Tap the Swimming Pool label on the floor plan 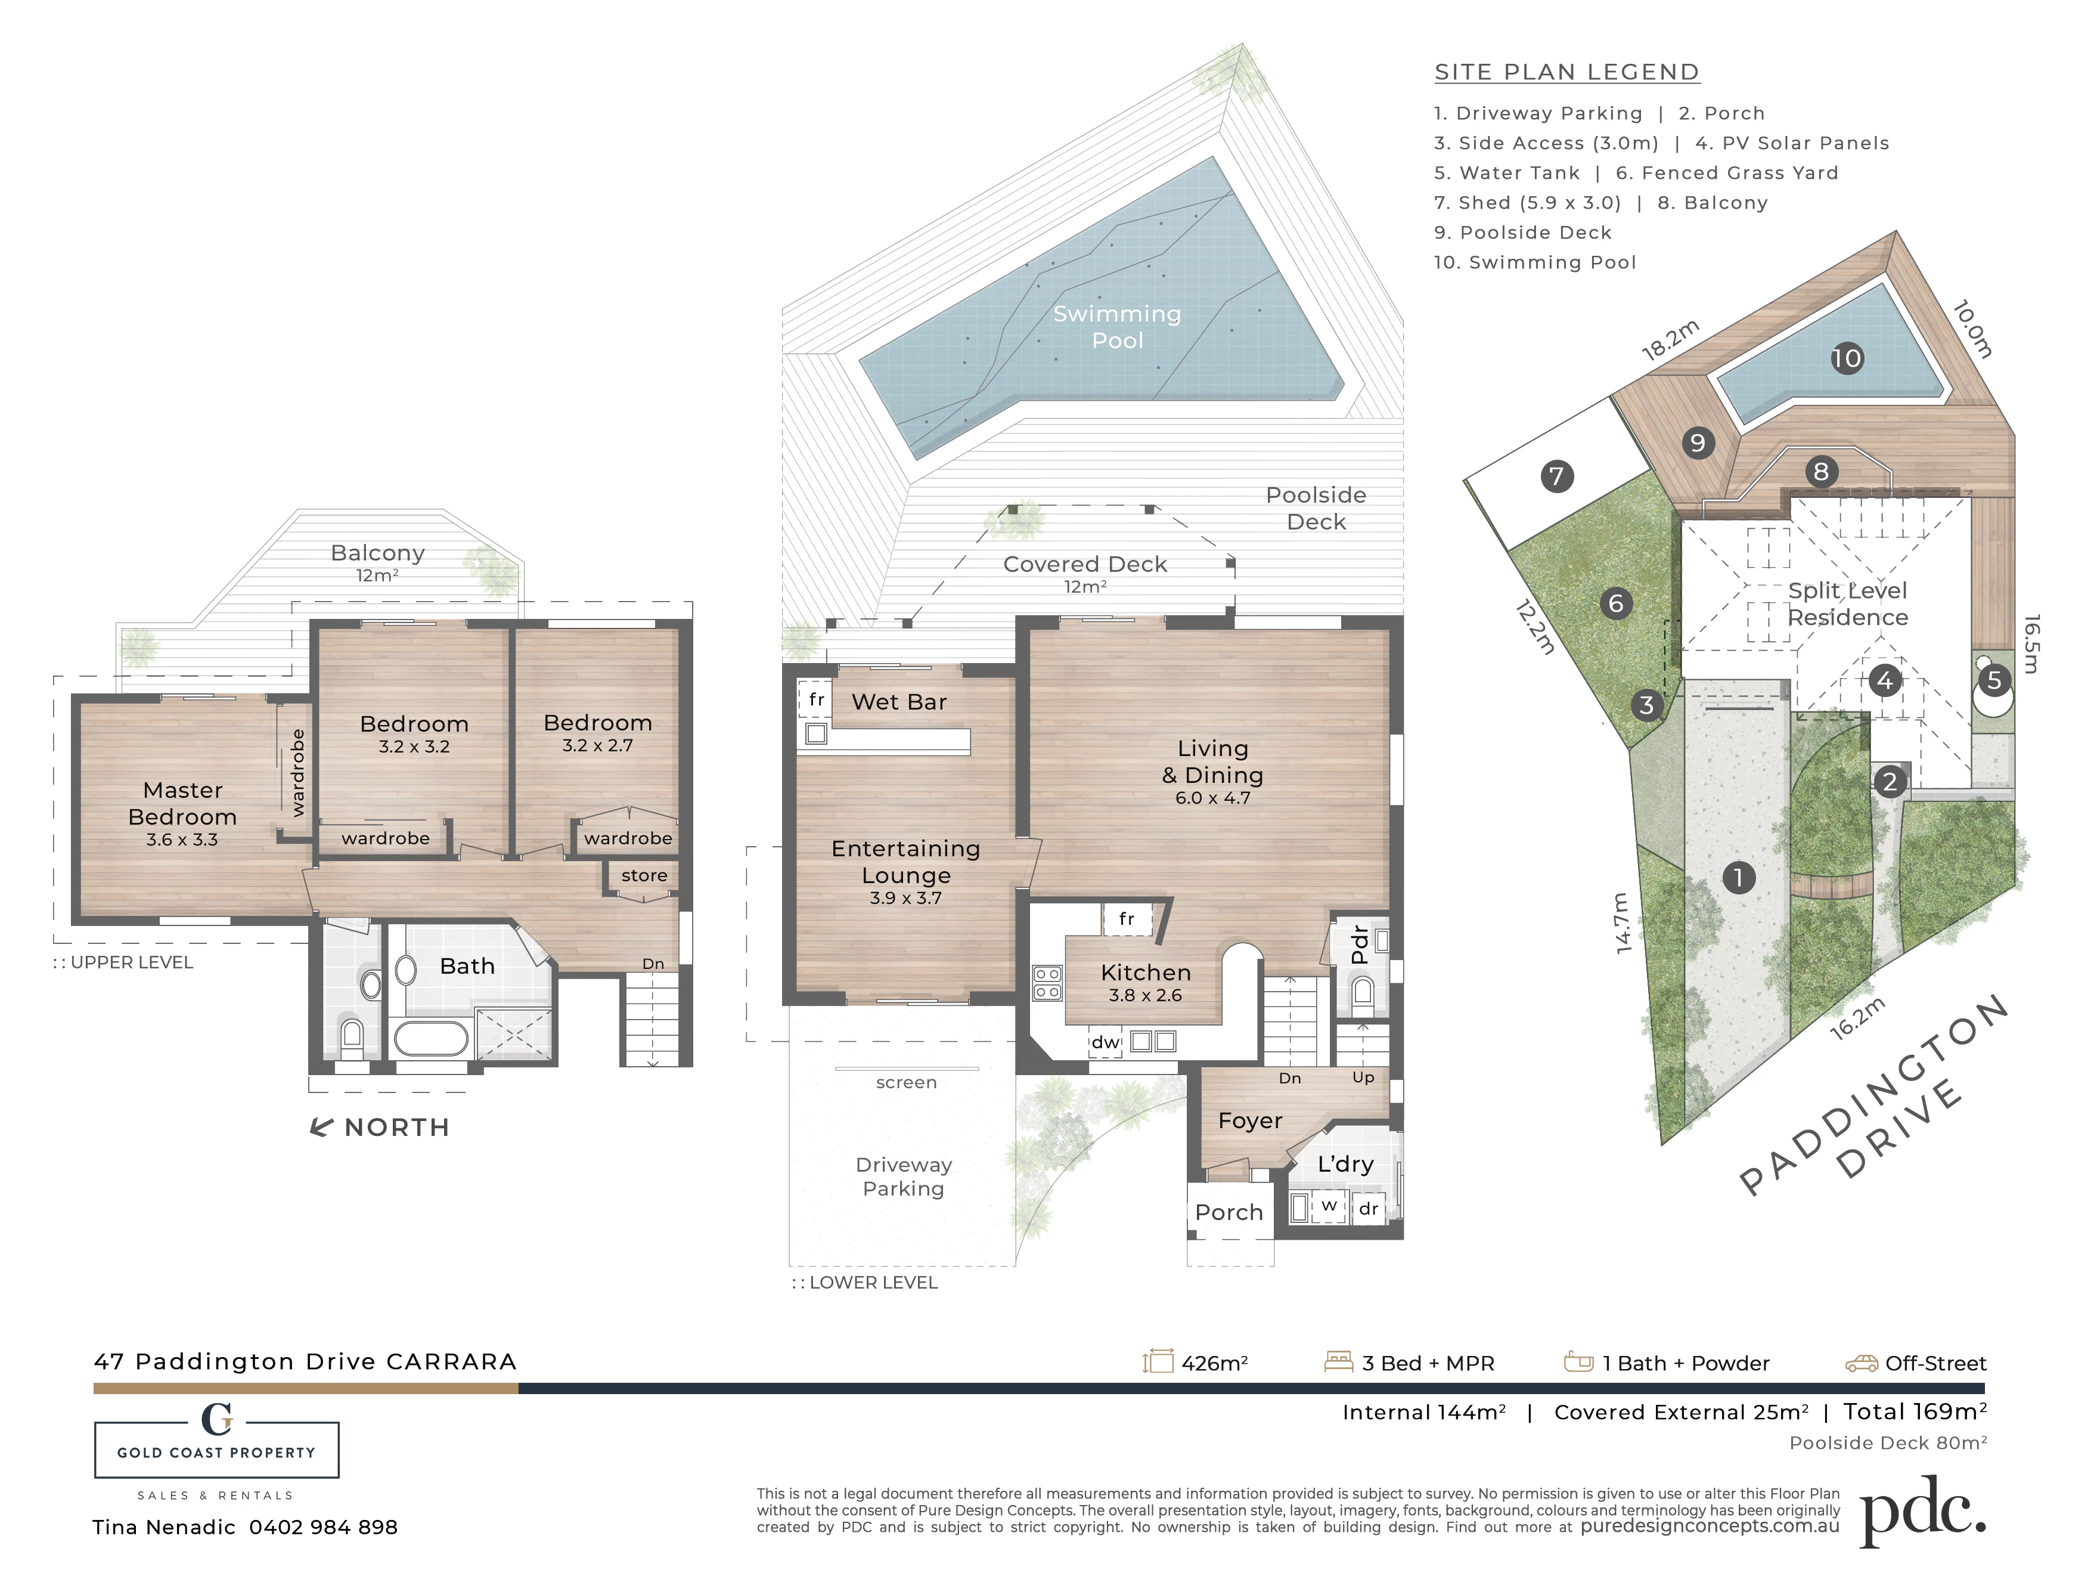click(x=1118, y=327)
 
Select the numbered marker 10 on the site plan click(x=1847, y=358)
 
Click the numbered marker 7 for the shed click(x=1556, y=476)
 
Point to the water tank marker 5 click(x=1994, y=680)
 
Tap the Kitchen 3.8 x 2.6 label click(x=1145, y=982)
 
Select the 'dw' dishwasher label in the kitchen click(x=1105, y=1042)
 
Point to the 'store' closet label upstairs click(x=644, y=875)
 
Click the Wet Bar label click(x=899, y=702)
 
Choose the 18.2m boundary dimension click(x=1670, y=340)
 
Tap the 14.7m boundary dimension click(x=1621, y=922)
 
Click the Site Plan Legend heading click(x=1567, y=72)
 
